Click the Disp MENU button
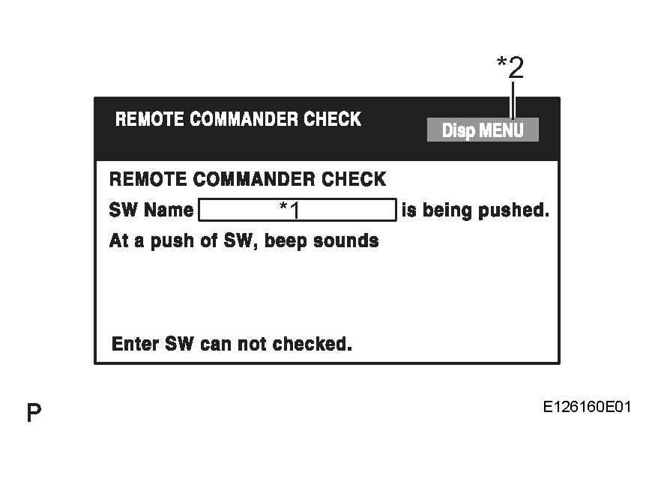(x=483, y=130)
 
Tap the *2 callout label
(x=510, y=67)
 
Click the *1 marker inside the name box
(x=290, y=210)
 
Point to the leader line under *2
(x=513, y=100)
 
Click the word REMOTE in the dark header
(x=149, y=119)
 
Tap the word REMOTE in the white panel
(x=148, y=179)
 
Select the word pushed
(x=513, y=211)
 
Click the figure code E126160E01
(x=587, y=407)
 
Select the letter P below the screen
(x=34, y=413)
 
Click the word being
(x=447, y=211)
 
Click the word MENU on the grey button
(x=501, y=130)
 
